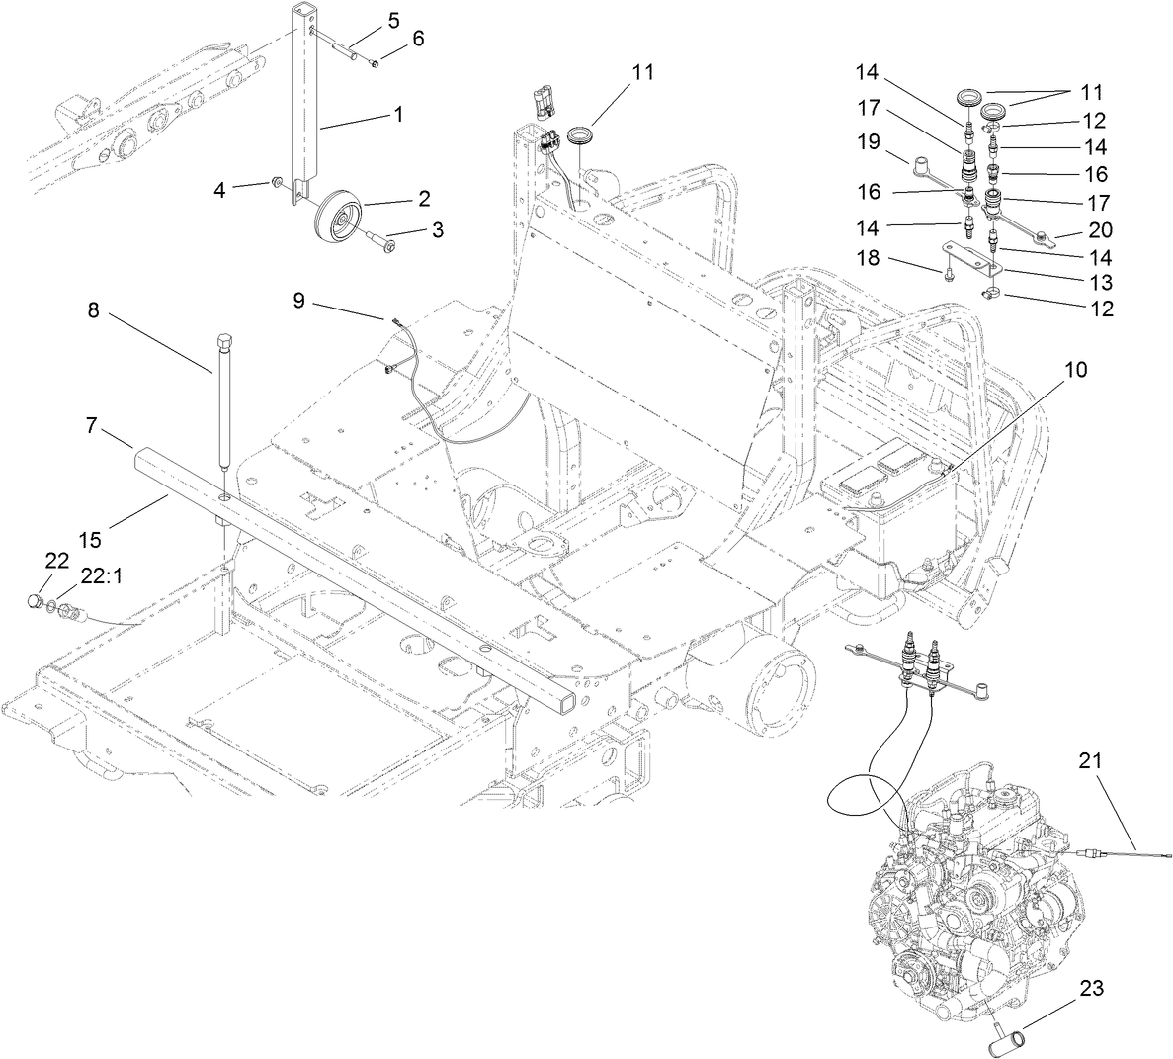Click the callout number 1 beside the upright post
pyautogui.click(x=398, y=114)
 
